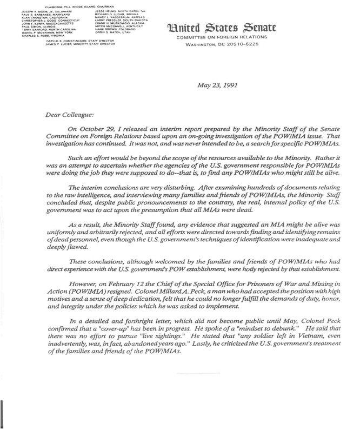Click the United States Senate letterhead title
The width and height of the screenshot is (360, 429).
(223, 28)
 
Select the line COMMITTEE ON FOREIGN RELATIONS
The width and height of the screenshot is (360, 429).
(223, 37)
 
